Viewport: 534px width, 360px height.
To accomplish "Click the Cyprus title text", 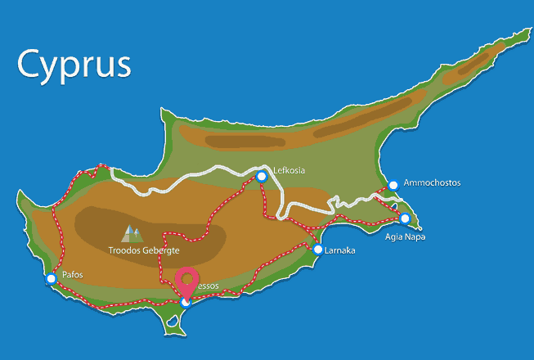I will coord(74,65).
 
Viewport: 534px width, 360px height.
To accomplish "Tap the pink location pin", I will coord(189,281).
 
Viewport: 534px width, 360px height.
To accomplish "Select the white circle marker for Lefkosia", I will coord(262,176).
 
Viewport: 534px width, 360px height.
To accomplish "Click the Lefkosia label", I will coord(289,170).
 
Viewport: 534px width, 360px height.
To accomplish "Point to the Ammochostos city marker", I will coord(393,185).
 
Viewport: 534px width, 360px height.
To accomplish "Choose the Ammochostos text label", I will coord(431,183).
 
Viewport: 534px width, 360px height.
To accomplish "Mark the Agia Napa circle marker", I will coord(404,218).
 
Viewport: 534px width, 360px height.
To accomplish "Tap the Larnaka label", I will coord(340,250).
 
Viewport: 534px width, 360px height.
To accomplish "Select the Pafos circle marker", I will coord(52,279).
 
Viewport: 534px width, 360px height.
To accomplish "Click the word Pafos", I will coord(73,275).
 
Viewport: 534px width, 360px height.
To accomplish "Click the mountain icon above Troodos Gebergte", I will coord(131,234).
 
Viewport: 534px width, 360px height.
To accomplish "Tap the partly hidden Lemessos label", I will coord(208,286).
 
